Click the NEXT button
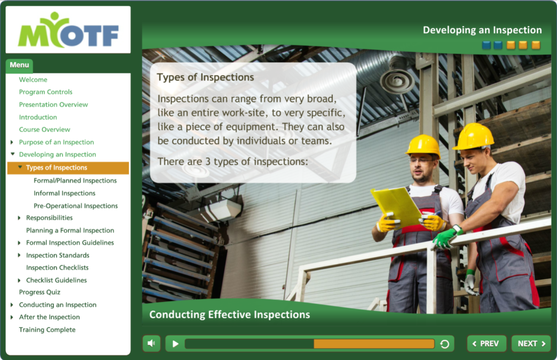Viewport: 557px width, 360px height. point(531,343)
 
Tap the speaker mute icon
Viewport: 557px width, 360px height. point(151,343)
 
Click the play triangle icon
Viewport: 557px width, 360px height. point(176,344)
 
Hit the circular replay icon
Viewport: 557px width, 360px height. point(444,344)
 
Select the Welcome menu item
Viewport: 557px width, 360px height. point(33,79)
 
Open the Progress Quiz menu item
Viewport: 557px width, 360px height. point(40,292)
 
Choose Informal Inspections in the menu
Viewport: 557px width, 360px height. point(65,193)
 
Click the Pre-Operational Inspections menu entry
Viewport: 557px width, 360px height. point(76,206)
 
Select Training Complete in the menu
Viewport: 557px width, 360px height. point(47,330)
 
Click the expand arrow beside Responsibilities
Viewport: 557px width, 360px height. point(19,218)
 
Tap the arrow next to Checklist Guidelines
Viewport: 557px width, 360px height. point(19,281)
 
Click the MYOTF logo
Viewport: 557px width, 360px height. point(68,30)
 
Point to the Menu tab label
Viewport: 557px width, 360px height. point(19,65)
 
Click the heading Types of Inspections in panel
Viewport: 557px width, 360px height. point(205,77)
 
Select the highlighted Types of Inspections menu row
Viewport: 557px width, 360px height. point(68,168)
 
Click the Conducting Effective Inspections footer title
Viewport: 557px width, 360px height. point(230,314)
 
